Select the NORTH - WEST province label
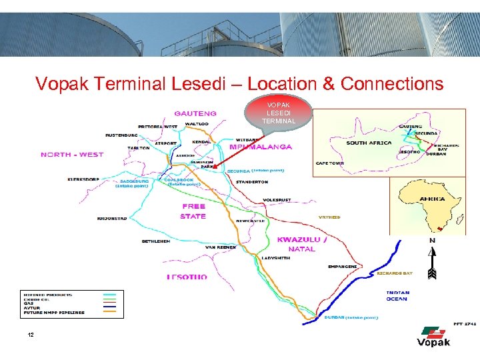[x=72, y=155]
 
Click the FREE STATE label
[x=193, y=211]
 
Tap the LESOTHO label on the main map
[x=187, y=277]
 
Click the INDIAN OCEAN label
[x=399, y=295]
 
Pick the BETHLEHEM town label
[x=157, y=241]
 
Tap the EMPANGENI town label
[x=342, y=267]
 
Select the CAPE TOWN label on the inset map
[x=330, y=163]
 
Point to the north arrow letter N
[x=432, y=241]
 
